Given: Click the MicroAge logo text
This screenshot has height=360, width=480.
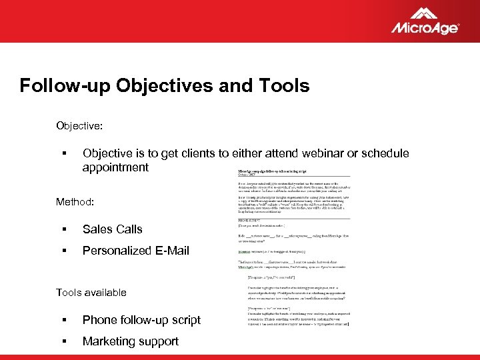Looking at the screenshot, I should tap(424, 28).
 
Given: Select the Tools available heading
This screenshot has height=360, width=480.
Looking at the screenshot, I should tap(91, 292).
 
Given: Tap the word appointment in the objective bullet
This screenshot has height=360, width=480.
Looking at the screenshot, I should tap(115, 167).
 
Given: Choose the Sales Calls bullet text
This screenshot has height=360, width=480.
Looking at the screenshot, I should tap(112, 229).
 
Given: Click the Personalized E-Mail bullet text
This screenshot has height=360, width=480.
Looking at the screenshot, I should tap(135, 251).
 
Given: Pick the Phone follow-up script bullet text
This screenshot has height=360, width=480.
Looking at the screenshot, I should tap(141, 320).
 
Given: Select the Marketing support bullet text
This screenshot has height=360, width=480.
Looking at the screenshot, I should tap(130, 341).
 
